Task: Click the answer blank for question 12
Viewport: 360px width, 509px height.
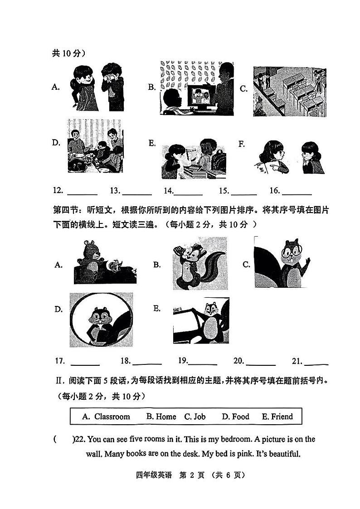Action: (83, 194)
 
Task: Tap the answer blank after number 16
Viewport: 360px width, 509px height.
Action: (297, 194)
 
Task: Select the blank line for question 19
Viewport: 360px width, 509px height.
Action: (203, 364)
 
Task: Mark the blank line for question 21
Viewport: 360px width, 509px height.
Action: (316, 364)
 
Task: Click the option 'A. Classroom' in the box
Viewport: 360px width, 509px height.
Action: (106, 417)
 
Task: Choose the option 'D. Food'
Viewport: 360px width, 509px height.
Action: (235, 417)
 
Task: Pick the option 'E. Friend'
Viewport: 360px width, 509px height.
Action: (277, 417)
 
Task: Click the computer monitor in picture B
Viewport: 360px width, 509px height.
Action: (197, 96)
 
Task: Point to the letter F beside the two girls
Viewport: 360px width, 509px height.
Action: (242, 144)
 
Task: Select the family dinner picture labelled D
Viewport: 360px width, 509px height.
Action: (95, 145)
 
